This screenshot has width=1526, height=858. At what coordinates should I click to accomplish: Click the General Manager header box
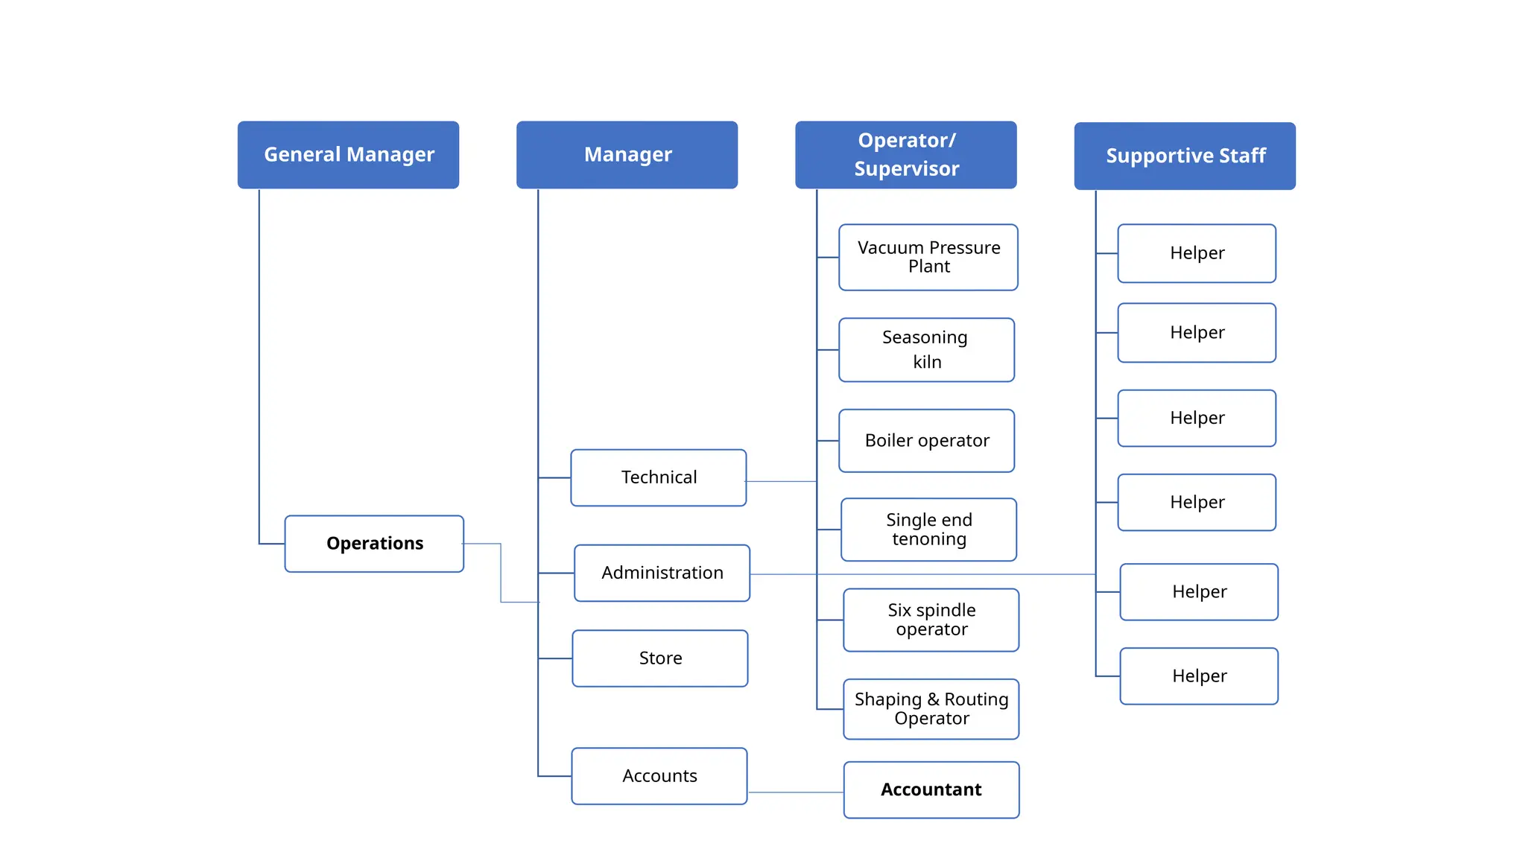pyautogui.click(x=348, y=155)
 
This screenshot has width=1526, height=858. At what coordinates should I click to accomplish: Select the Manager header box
pyautogui.click(x=627, y=155)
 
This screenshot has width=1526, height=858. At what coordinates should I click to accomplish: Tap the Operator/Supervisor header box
pyautogui.click(x=905, y=155)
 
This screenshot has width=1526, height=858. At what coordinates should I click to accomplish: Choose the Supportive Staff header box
pyautogui.click(x=1184, y=156)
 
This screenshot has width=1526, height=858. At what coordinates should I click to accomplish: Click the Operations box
pyautogui.click(x=374, y=544)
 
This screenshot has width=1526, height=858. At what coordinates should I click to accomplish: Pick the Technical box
pyautogui.click(x=659, y=477)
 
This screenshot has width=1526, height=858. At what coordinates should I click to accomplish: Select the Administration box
pyautogui.click(x=662, y=573)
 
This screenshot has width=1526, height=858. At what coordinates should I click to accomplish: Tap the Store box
pyautogui.click(x=660, y=658)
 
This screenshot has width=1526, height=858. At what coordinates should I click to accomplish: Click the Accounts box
pyautogui.click(x=659, y=776)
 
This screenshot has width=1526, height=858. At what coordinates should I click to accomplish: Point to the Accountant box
pyautogui.click(x=931, y=789)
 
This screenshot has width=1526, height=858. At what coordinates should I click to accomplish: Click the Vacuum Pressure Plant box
pyautogui.click(x=928, y=257)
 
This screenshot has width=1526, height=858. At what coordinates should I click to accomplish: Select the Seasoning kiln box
pyautogui.click(x=926, y=350)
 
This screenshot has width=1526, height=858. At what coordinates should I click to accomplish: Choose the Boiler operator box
pyautogui.click(x=926, y=441)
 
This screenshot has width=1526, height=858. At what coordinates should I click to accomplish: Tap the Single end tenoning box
pyautogui.click(x=928, y=530)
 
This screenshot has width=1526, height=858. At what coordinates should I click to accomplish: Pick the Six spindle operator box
pyautogui.click(x=931, y=620)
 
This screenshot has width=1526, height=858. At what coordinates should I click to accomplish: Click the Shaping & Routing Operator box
pyautogui.click(x=931, y=709)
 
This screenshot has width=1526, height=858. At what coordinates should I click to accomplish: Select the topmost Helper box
pyautogui.click(x=1197, y=253)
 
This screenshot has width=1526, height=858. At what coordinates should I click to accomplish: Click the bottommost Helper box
pyautogui.click(x=1199, y=676)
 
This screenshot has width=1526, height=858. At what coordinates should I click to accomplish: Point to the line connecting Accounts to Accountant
pyautogui.click(x=795, y=792)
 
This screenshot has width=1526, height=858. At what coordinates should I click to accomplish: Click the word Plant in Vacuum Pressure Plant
pyautogui.click(x=928, y=267)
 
